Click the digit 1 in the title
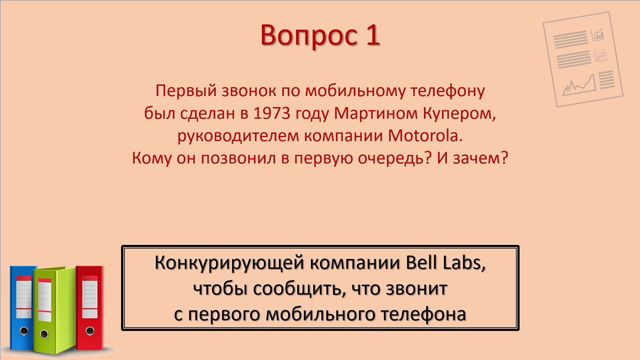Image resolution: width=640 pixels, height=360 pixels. click(372, 35)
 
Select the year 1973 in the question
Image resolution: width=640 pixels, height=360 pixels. click(271, 113)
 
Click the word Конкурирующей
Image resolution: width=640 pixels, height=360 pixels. click(229, 263)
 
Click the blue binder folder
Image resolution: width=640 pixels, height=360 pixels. click(21, 308)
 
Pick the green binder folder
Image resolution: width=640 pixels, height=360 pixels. click(54, 310)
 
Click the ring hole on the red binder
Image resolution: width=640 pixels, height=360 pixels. click(89, 331)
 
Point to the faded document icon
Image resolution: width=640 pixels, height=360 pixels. click(583, 59)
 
